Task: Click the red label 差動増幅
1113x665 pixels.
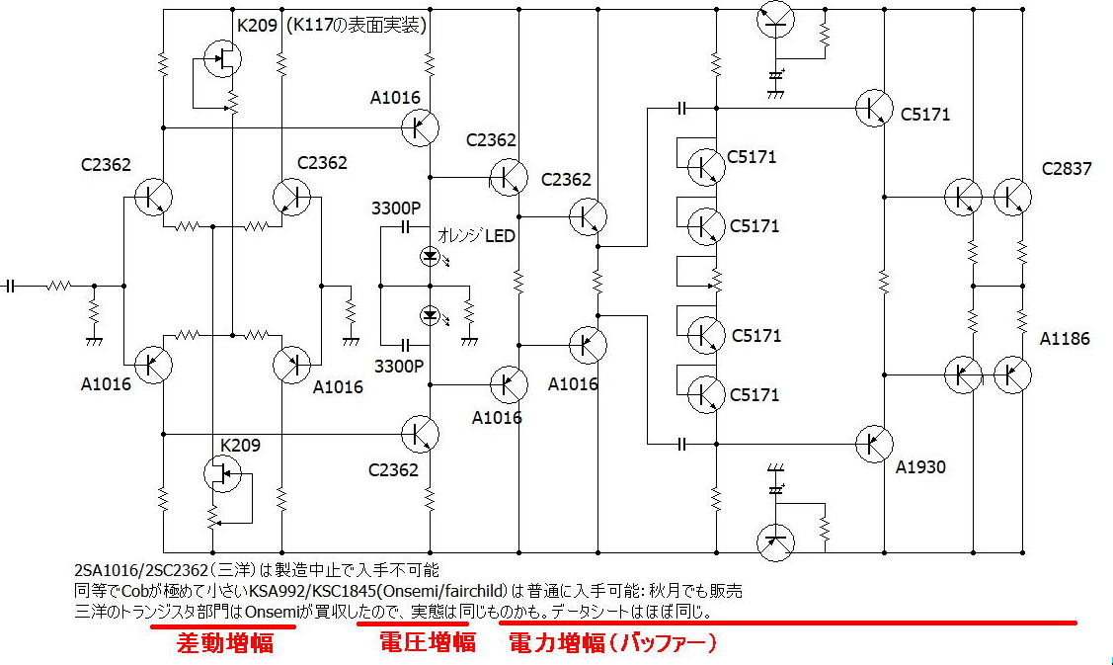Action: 225,643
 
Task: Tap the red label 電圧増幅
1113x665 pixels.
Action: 428,642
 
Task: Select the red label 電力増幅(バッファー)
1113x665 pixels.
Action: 613,643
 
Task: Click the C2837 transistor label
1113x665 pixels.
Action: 1067,169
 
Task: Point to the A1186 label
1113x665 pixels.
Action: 1064,339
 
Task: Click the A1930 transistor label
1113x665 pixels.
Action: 920,466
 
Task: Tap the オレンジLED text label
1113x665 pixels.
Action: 476,236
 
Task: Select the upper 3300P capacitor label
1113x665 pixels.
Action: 396,208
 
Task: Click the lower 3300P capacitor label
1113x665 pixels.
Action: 399,366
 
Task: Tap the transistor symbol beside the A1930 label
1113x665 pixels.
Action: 874,444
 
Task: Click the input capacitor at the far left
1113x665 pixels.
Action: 9,287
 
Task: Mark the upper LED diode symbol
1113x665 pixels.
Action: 431,257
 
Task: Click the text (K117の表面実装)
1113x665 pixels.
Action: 357,26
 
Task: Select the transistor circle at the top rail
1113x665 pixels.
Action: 776,19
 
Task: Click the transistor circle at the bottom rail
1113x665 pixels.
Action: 776,542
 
